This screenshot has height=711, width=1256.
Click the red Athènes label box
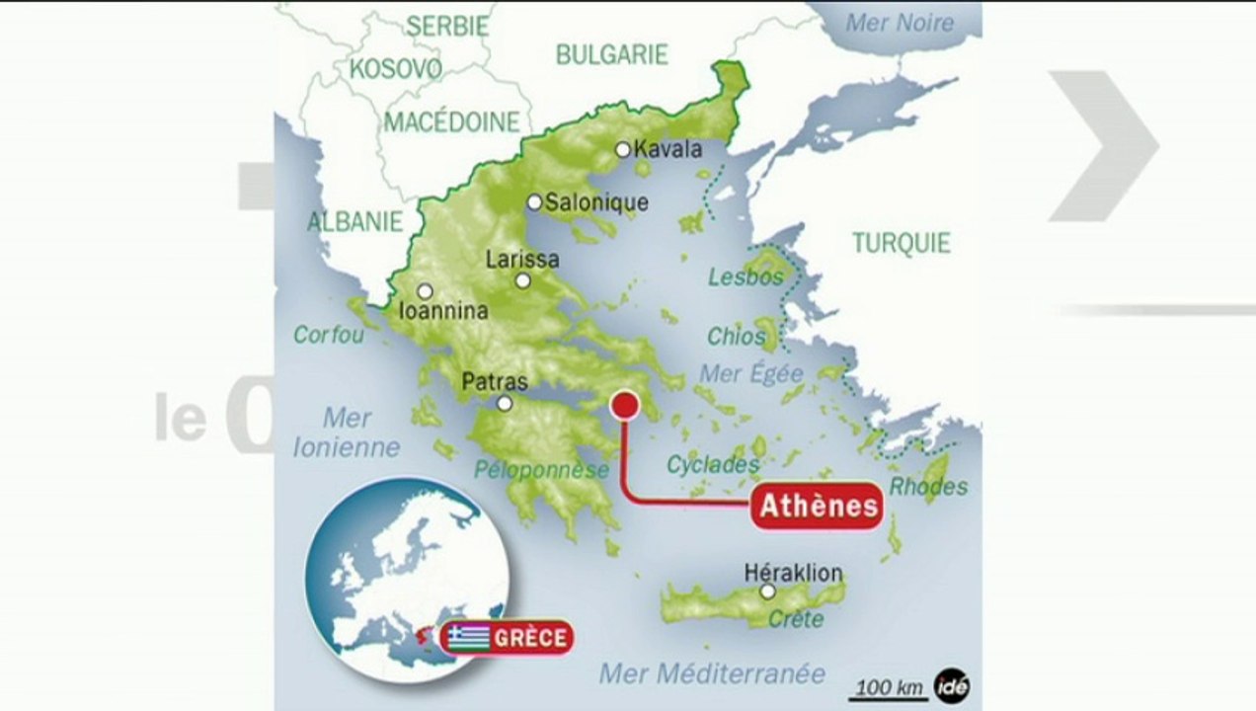[x=817, y=506]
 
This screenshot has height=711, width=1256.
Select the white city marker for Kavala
[x=623, y=150]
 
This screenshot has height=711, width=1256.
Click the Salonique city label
[x=596, y=202]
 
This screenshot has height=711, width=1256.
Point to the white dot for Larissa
[x=522, y=280]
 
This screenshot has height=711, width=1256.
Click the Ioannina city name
[x=443, y=311]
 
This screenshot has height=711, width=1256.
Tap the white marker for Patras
[x=505, y=403]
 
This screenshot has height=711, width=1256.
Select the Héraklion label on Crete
[x=794, y=573]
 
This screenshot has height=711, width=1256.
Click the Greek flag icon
[x=469, y=637]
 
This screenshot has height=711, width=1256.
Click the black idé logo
[x=952, y=686]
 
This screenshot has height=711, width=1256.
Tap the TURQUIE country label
[x=902, y=243]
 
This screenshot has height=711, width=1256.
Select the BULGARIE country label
[x=612, y=55]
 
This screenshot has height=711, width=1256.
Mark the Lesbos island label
[x=746, y=277]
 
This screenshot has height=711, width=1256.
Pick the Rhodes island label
[x=928, y=487]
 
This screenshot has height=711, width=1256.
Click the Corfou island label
[x=329, y=336]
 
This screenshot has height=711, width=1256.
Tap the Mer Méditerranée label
[x=712, y=674]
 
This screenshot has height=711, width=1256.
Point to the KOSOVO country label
[x=395, y=68]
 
